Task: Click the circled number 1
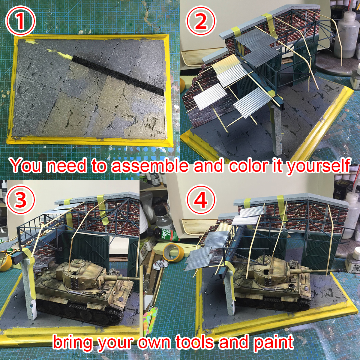click(20, 21)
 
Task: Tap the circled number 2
click(201, 21)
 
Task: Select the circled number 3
click(20, 199)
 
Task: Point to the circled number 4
click(201, 199)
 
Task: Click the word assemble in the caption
click(150, 166)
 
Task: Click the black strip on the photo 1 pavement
click(118, 76)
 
